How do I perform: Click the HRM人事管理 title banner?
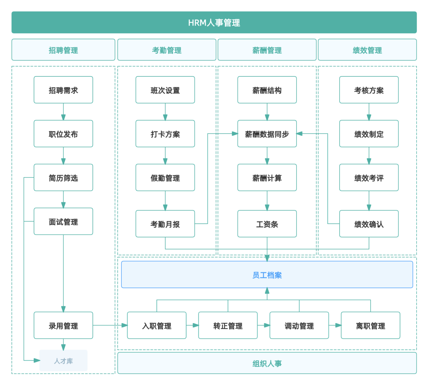214,22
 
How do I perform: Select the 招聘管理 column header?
63,50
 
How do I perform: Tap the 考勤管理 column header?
167,50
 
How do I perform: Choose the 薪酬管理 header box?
267,50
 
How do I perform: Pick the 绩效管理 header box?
368,50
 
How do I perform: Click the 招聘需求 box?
63,90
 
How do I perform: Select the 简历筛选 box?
63,177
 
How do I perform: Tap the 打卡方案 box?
165,134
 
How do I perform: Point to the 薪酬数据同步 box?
267,134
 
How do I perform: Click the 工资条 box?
267,224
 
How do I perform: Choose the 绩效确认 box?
369,224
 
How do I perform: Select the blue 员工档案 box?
267,274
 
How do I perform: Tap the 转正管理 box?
228,325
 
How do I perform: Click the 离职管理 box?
371,325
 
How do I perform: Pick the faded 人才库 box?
63,361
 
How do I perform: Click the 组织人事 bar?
267,363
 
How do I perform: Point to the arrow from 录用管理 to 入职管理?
110,325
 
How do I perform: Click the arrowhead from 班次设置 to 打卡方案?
165,118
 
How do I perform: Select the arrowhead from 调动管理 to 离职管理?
338,325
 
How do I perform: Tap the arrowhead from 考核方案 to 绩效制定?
369,118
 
